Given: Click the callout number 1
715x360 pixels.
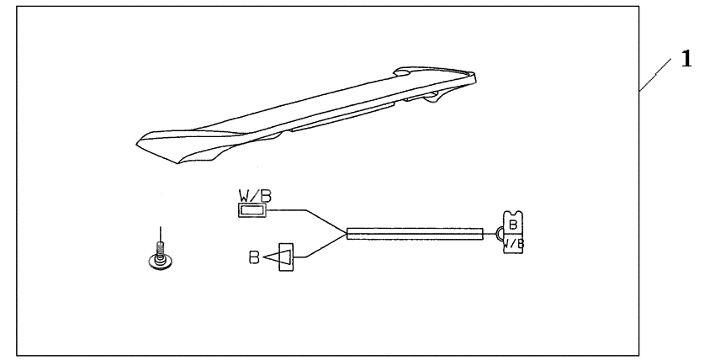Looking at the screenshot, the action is [x=686, y=59].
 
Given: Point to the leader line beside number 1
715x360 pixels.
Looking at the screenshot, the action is [x=654, y=75].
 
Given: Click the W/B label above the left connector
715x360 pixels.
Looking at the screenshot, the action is [x=255, y=196].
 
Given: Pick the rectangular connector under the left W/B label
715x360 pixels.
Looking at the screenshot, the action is [x=252, y=210].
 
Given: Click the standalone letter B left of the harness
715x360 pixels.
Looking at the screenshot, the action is [x=254, y=257].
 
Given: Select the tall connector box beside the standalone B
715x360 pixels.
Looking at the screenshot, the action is [x=286, y=257].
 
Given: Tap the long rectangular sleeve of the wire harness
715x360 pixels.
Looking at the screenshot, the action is [x=415, y=234].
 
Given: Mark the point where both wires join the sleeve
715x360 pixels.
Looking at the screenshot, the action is [x=347, y=234].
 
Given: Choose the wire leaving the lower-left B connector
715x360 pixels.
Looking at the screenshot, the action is [x=320, y=246].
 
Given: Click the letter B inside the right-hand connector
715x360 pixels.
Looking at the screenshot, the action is [x=513, y=225].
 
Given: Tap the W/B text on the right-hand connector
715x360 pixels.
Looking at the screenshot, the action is [x=514, y=243].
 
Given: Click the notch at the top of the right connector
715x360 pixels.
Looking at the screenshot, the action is [x=513, y=213].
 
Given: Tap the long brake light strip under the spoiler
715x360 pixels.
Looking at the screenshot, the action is [x=342, y=118].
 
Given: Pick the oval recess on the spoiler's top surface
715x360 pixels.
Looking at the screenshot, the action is [x=402, y=71].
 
